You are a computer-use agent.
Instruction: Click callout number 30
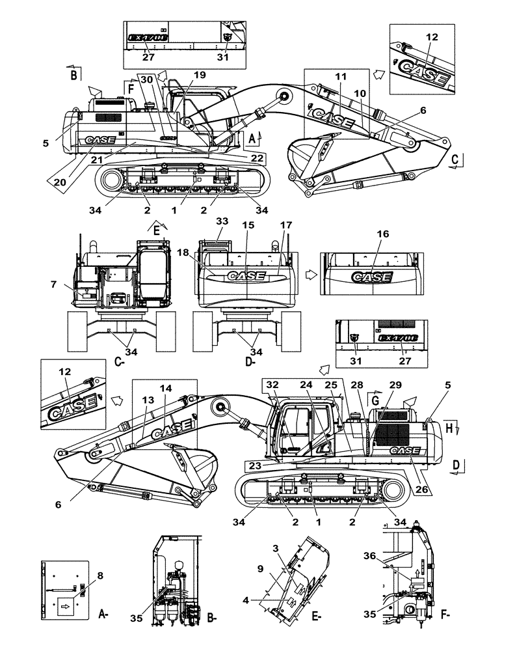[147, 78]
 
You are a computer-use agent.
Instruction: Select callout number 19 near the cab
[200, 75]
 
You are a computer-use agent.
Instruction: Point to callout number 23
[254, 465]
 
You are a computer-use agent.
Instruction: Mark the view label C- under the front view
[119, 363]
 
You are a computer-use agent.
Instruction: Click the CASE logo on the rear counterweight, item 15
[246, 276]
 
